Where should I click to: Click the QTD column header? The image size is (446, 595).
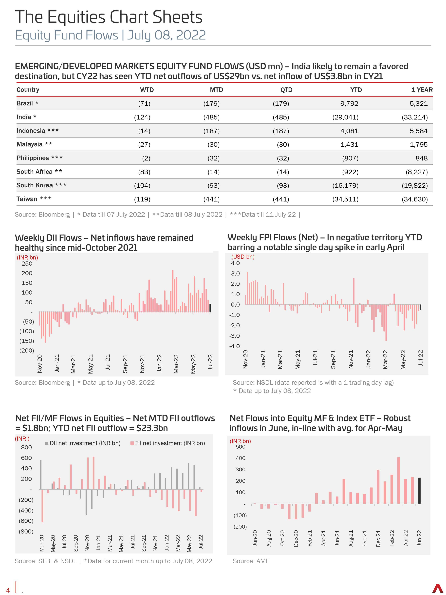[286, 90]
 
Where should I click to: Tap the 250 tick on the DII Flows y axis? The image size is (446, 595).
[27, 264]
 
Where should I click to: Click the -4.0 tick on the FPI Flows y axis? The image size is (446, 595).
[234, 346]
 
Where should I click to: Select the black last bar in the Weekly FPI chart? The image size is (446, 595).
[420, 307]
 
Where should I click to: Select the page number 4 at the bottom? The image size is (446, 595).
[8, 590]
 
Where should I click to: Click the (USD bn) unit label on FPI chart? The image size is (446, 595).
[243, 257]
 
